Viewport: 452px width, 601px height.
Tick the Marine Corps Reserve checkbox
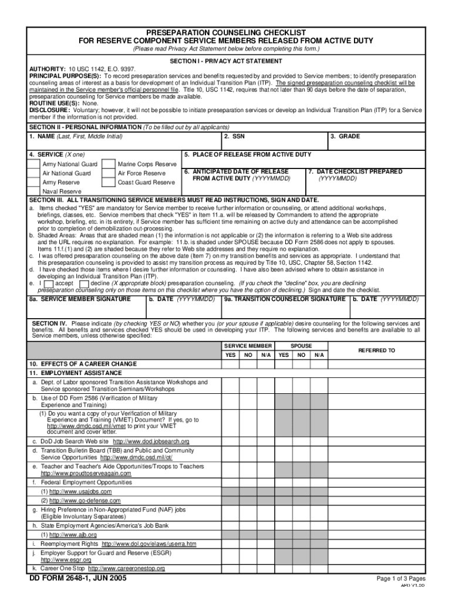pyautogui.click(x=108, y=164)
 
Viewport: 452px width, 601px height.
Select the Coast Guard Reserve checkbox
pyautogui.click(x=108, y=183)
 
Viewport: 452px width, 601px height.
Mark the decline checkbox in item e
pyautogui.click(x=84, y=283)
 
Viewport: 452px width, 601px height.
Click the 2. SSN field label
pyautogui.click(x=234, y=136)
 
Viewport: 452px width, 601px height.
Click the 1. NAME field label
pyautogui.click(x=76, y=136)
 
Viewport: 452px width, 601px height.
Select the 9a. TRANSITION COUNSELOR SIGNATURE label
pyautogui.click(x=285, y=299)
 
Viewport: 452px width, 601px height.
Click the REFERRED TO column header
pyautogui.click(x=376, y=350)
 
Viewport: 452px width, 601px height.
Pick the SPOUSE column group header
pyautogui.click(x=302, y=346)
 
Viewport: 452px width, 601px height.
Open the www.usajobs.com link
pyautogui.click(x=80, y=491)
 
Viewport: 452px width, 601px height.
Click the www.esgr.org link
pyautogui.click(x=58, y=560)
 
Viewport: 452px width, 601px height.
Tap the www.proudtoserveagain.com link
pyautogui.click(x=86, y=473)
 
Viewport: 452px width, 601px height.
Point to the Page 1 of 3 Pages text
pyautogui.click(x=401, y=579)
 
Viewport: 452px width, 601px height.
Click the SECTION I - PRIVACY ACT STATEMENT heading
pyautogui.click(x=225, y=61)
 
